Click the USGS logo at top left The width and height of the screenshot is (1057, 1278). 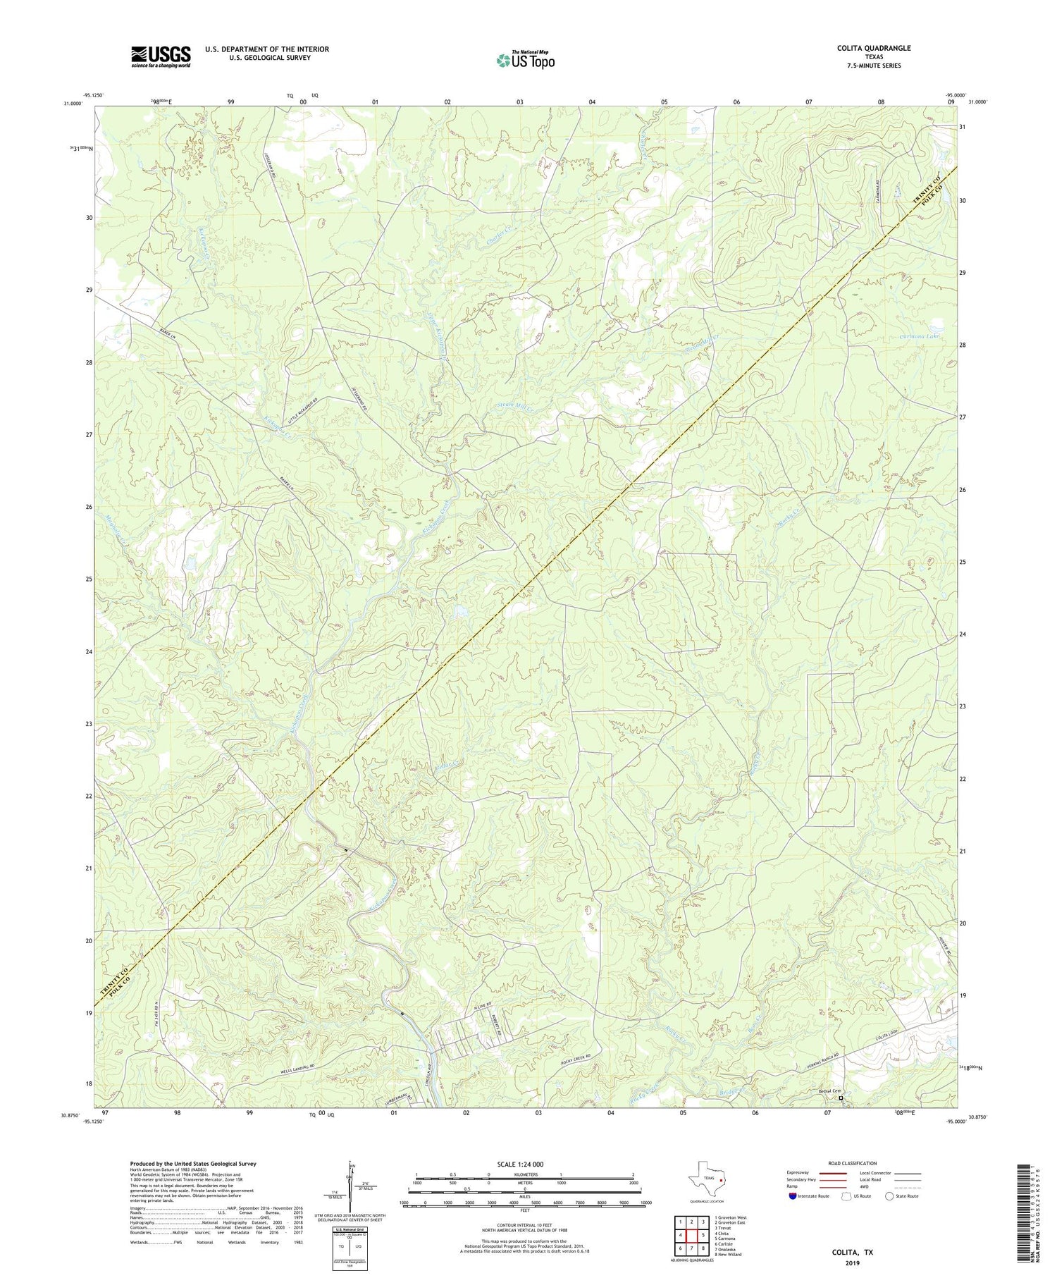(x=161, y=56)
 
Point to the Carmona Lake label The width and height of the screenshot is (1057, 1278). (x=920, y=337)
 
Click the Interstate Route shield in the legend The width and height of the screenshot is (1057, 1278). (x=793, y=1196)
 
